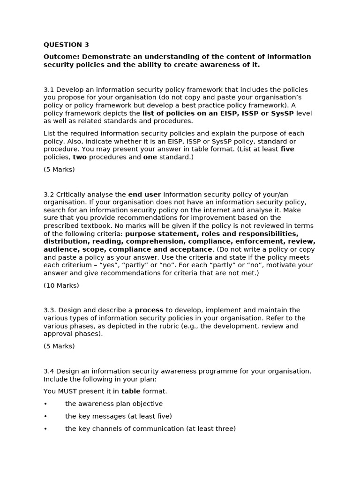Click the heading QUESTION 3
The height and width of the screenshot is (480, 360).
pos(66,45)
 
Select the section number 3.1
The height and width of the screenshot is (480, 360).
pos(49,90)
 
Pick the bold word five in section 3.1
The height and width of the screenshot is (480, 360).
pos(287,150)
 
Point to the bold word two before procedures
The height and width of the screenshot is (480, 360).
pos(80,157)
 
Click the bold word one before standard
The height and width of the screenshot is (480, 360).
pos(150,157)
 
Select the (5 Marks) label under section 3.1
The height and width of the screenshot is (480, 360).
pos(59,170)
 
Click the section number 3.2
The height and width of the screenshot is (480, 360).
pos(49,194)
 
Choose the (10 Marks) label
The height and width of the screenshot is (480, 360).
pos(61,285)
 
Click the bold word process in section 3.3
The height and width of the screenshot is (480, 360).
pos(149,310)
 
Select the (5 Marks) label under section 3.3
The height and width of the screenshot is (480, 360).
pos(59,346)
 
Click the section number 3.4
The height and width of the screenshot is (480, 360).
pos(49,371)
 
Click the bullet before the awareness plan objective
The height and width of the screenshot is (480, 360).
pos(45,404)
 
